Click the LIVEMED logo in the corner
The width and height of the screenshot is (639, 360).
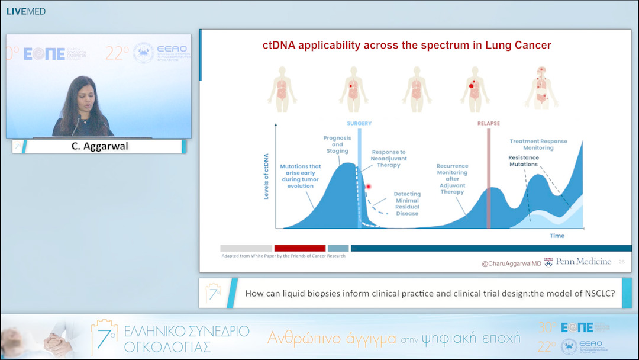pyautogui.click(x=25, y=11)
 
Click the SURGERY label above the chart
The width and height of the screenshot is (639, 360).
pyautogui.click(x=359, y=123)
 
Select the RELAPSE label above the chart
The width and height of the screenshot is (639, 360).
pyautogui.click(x=488, y=123)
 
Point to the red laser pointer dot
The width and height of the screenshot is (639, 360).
pyautogui.click(x=368, y=187)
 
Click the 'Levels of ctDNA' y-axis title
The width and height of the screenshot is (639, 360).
pyautogui.click(x=266, y=176)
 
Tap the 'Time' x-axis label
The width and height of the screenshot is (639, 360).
pyautogui.click(x=557, y=236)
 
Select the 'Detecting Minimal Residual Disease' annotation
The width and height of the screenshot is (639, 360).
pyautogui.click(x=406, y=203)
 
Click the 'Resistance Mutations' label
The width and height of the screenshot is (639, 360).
pyautogui.click(x=523, y=160)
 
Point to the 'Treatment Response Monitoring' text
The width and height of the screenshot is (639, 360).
pyautogui.click(x=539, y=144)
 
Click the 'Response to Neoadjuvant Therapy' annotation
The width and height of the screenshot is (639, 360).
pyautogui.click(x=389, y=159)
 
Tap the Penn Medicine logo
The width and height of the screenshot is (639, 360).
pyautogui.click(x=577, y=262)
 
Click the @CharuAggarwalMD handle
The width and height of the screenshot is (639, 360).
pyautogui.click(x=511, y=262)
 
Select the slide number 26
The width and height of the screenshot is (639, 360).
pyautogui.click(x=621, y=262)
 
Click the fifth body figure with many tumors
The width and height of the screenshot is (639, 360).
pyautogui.click(x=542, y=88)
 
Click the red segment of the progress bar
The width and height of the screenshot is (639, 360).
pyautogui.click(x=299, y=248)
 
